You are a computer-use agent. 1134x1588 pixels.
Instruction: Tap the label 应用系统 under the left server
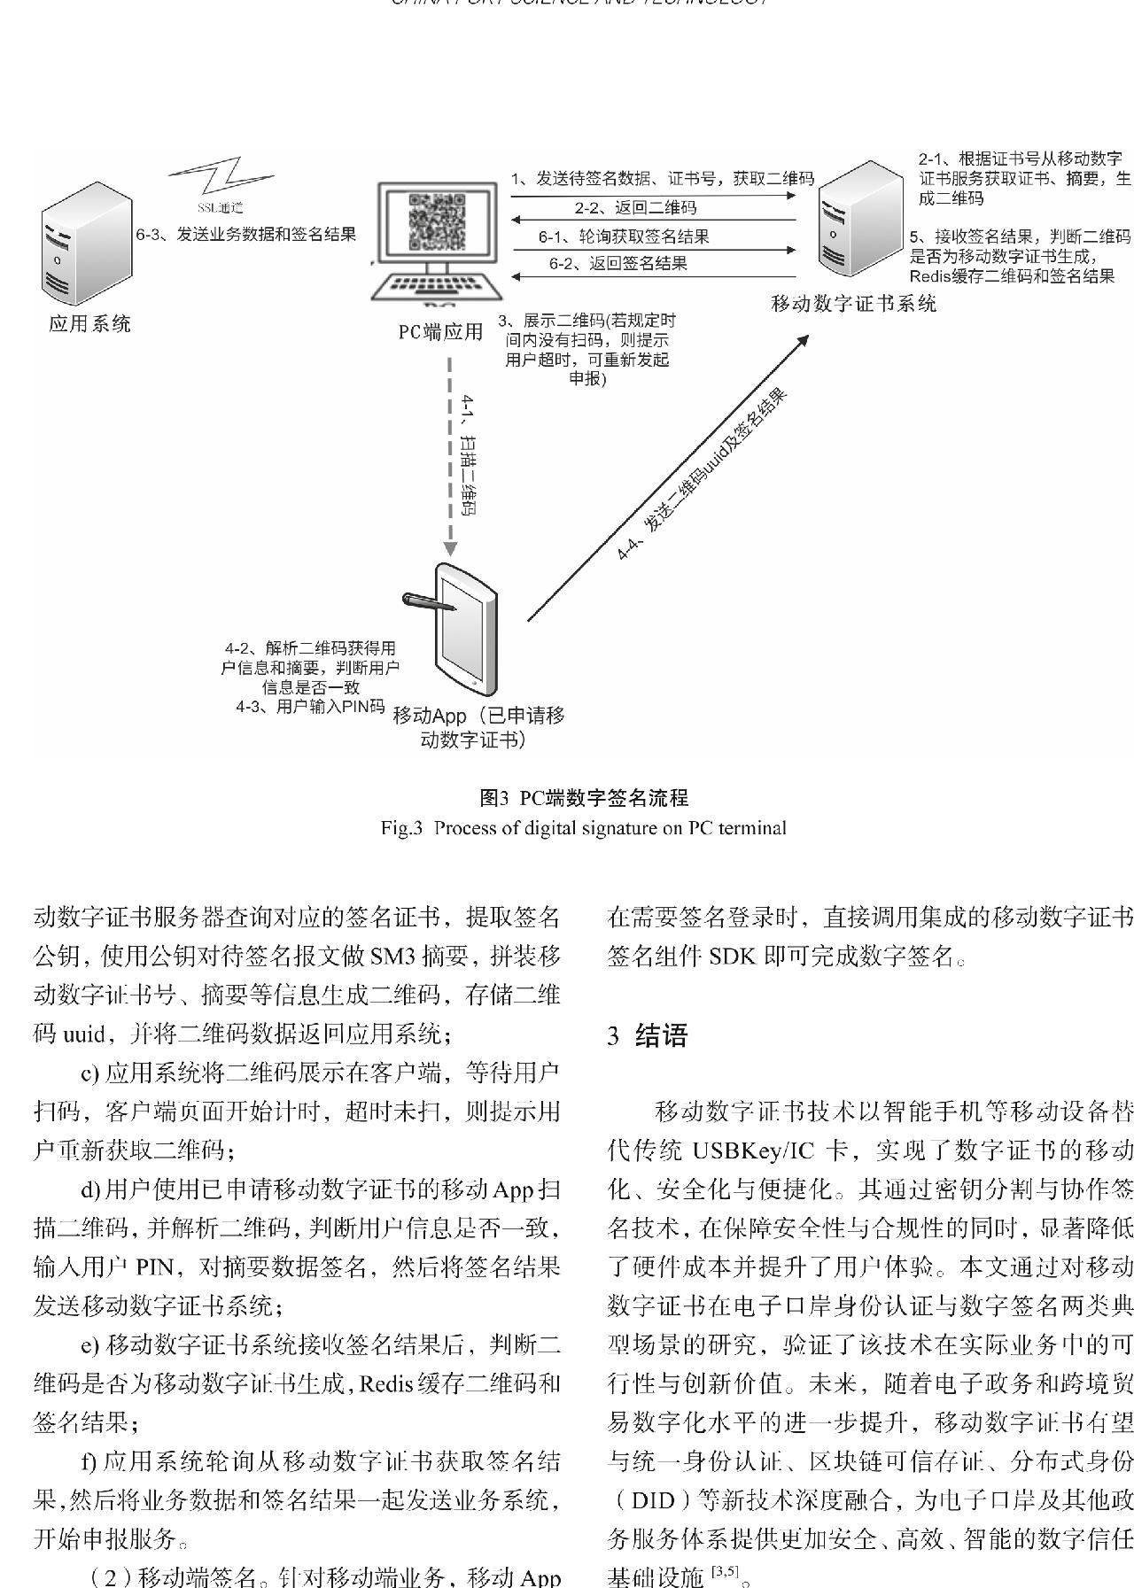click(89, 324)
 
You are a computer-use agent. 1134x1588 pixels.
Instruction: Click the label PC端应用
click(440, 332)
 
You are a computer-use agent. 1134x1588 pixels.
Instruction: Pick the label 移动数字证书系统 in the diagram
click(854, 304)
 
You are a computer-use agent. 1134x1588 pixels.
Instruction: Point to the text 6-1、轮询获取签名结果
click(624, 236)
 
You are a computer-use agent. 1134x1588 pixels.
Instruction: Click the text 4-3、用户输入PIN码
click(310, 707)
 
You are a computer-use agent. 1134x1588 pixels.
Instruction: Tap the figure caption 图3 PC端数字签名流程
click(583, 798)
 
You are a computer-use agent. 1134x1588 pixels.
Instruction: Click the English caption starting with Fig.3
click(583, 828)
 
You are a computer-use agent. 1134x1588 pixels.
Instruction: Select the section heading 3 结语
click(648, 1036)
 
